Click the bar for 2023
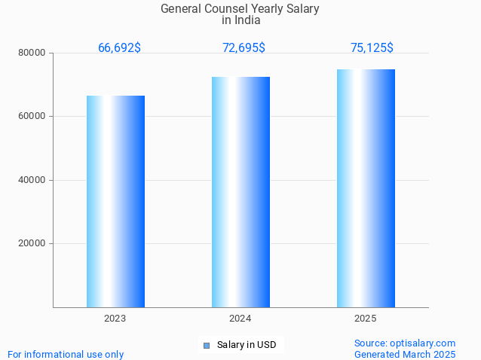click(115, 201)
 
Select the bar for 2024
click(240, 192)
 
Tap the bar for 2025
click(366, 188)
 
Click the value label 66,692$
click(119, 48)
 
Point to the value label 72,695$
click(244, 48)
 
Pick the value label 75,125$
click(372, 48)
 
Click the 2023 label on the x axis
click(115, 319)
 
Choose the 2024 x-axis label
click(240, 319)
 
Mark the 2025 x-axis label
click(366, 319)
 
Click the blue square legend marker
click(206, 346)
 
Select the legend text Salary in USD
click(247, 345)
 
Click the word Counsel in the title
click(229, 9)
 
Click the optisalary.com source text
click(405, 343)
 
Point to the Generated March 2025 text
click(405, 354)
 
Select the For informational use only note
click(66, 354)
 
